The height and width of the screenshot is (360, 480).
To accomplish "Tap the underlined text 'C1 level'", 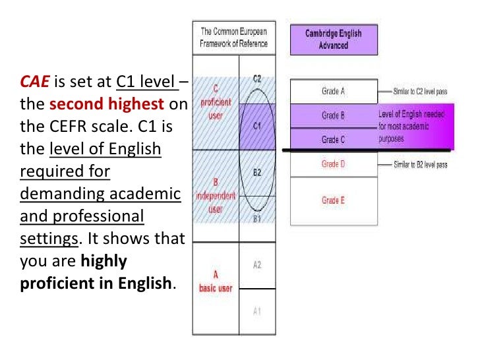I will tap(145, 82).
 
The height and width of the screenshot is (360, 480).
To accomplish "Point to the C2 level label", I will tap(256, 79).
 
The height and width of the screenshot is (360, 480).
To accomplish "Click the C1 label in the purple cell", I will tap(256, 125).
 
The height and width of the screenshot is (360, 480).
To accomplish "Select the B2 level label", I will tap(256, 173).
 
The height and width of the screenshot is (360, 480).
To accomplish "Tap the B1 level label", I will tap(256, 218).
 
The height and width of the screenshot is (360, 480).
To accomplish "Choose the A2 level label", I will tap(256, 264).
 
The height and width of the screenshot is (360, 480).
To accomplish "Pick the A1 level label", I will tap(256, 311).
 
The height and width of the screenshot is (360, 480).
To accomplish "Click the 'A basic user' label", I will tap(216, 282).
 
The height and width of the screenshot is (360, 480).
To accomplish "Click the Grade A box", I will tap(333, 92).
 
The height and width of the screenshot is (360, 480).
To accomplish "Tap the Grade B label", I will tap(333, 115).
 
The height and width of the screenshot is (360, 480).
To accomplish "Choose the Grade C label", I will tap(333, 139).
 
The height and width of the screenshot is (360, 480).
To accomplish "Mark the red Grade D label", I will tap(333, 164).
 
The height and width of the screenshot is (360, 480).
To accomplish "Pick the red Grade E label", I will tap(333, 200).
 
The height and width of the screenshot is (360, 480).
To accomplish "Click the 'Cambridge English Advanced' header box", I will tap(333, 40).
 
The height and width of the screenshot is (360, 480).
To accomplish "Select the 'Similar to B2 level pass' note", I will tap(420, 165).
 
